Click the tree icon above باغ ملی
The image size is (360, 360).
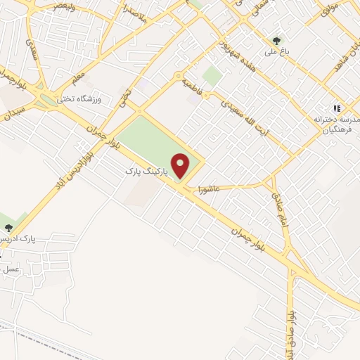click(276, 40)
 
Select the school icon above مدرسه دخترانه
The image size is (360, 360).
click(337, 108)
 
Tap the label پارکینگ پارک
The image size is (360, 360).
click(147, 171)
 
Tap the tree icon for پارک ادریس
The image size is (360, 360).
click(8, 227)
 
